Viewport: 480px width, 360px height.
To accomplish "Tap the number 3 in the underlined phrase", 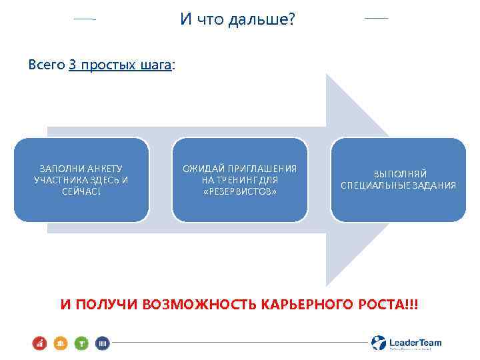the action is [73, 65].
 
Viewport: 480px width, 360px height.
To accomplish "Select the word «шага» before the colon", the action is [156, 65].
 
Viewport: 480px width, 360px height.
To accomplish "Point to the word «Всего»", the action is [47, 65].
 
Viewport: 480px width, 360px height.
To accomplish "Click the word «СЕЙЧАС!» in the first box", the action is [81, 191].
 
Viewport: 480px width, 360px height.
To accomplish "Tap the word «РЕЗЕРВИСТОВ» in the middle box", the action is [240, 191].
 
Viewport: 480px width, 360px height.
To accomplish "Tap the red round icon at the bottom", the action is [39, 343].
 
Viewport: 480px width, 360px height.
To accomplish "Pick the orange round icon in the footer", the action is [59, 343].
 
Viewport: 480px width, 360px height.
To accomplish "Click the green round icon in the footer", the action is [81, 343].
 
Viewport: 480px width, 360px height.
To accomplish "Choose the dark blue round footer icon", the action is [103, 343].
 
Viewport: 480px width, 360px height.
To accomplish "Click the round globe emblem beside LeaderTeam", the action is [379, 343].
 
